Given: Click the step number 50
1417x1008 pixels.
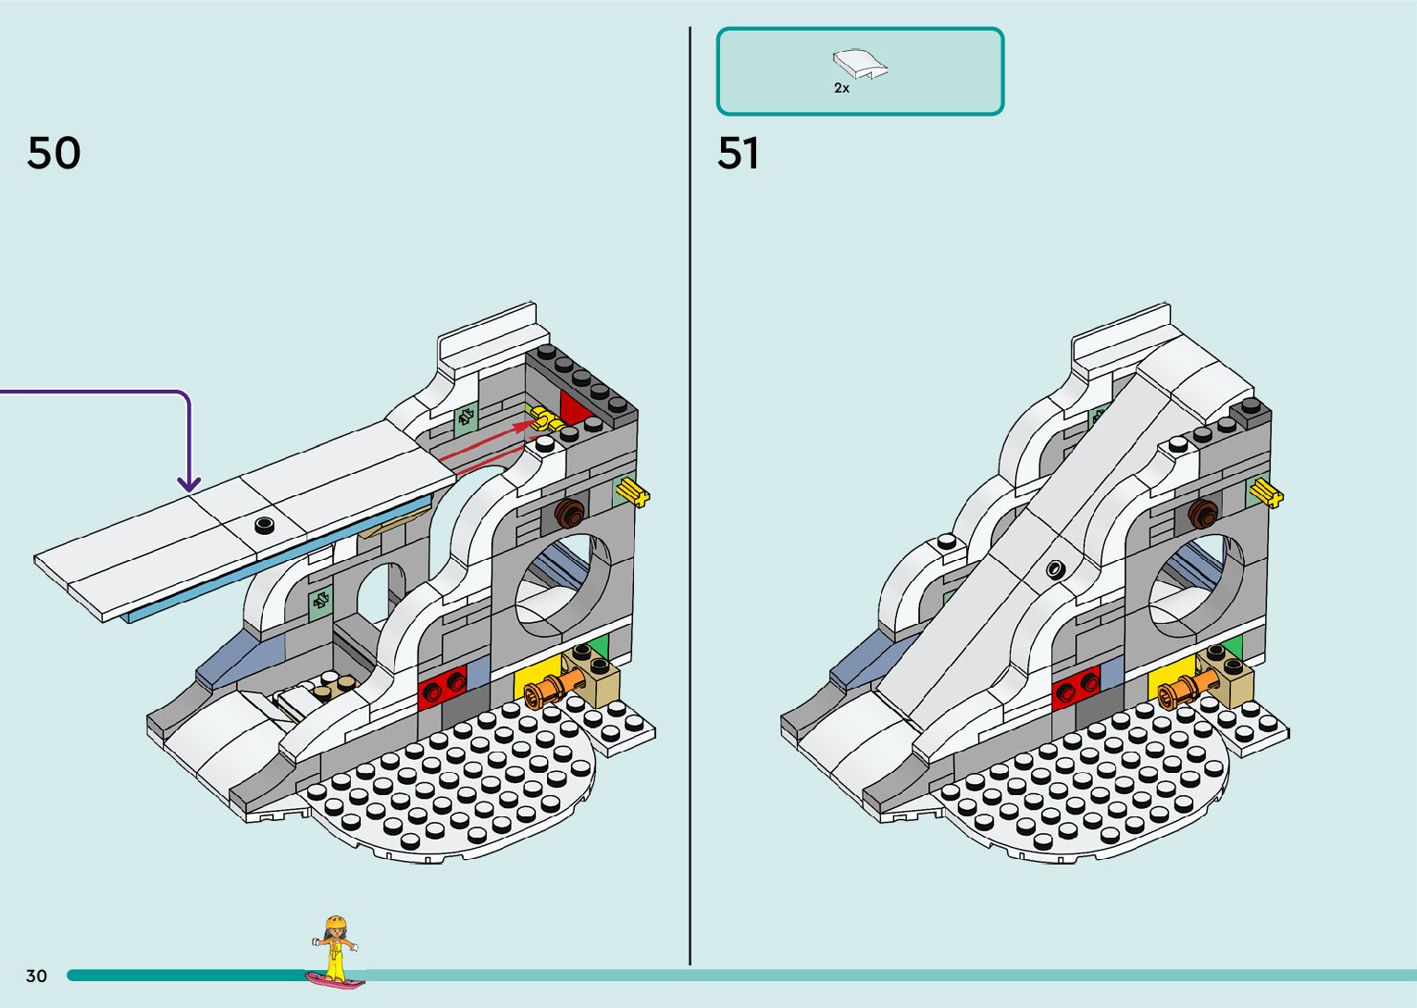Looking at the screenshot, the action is [x=54, y=153].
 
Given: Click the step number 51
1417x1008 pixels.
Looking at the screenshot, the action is [x=738, y=153].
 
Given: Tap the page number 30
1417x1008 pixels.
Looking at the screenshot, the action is [x=36, y=976].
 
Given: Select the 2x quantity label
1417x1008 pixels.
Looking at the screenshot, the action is [x=841, y=88].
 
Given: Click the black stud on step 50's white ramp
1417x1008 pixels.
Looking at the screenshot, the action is [x=265, y=526].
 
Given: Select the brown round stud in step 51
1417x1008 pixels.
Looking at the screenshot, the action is [x=1203, y=514].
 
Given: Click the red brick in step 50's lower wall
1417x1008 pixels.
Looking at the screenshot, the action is [x=442, y=687].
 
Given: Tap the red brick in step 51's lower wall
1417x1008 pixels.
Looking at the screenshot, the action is [x=1076, y=687].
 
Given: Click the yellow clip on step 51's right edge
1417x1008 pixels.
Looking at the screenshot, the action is [x=1266, y=492].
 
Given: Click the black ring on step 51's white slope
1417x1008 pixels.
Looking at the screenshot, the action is [x=1054, y=567].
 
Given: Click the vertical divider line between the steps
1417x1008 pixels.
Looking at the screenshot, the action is [x=690, y=500].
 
